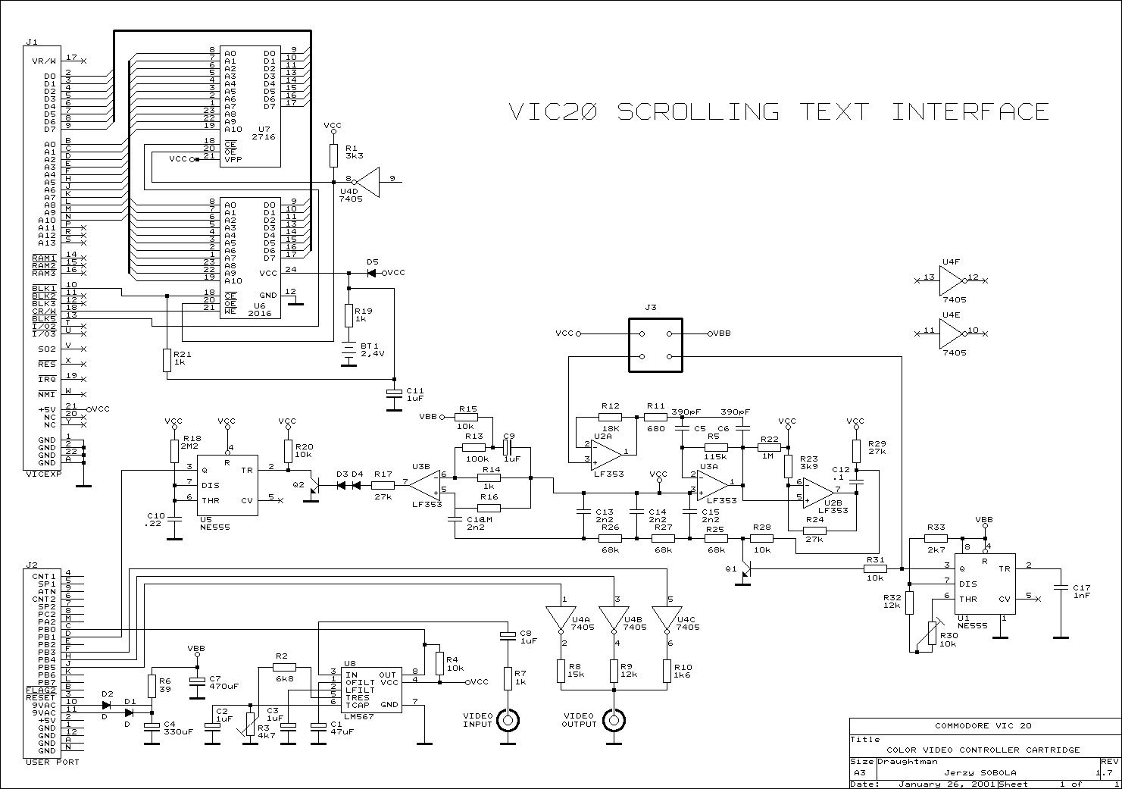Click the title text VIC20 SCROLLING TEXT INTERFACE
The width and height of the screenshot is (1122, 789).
coord(779,112)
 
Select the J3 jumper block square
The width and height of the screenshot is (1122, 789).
coord(655,345)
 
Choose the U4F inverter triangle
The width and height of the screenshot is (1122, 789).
coord(951,285)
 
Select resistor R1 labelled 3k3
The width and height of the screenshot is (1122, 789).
coord(333,155)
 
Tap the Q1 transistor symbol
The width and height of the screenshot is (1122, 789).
coord(746,569)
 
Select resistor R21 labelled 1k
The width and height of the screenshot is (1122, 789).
coord(167,361)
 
